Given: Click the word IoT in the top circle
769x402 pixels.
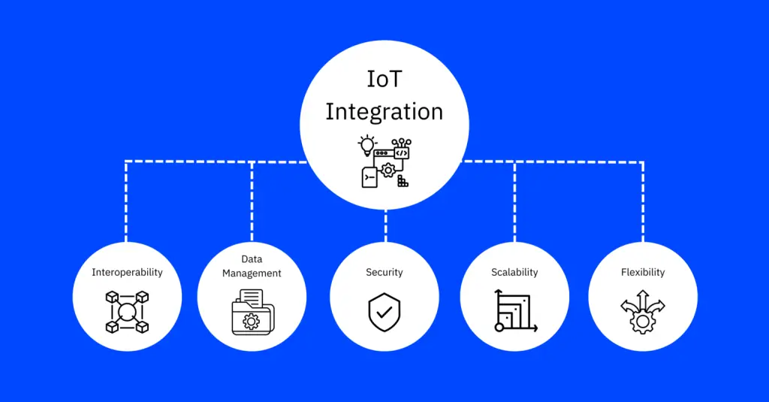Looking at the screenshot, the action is [x=384, y=80].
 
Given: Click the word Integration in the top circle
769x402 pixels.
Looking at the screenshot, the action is [x=384, y=112].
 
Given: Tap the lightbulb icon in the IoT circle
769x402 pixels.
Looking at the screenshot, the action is [x=366, y=146].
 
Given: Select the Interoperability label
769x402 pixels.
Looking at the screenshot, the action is [x=127, y=273].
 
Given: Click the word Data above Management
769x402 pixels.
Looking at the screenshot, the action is [x=252, y=259].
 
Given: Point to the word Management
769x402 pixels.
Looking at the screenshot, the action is [x=252, y=274].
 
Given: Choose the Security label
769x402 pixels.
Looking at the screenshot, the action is [x=384, y=273].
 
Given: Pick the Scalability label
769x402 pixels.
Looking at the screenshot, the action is [x=514, y=273].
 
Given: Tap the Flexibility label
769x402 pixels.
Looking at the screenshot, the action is [x=643, y=273].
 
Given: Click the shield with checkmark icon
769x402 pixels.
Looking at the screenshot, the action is [x=384, y=312].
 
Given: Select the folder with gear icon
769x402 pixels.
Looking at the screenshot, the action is [x=252, y=312].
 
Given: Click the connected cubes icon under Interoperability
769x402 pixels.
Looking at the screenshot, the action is [x=127, y=312].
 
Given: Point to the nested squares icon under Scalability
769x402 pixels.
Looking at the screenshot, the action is [x=515, y=311].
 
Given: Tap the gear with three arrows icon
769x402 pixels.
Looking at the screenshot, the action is [x=643, y=313].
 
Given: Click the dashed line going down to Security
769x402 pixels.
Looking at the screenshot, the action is [x=385, y=225].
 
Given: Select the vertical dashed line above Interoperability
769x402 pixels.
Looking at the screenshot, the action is [x=126, y=201].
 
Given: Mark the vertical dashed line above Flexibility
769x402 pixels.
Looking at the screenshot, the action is [x=643, y=201].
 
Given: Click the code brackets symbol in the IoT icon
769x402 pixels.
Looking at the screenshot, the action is [x=401, y=153].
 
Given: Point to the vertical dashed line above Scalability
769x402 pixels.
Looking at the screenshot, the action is [x=514, y=201].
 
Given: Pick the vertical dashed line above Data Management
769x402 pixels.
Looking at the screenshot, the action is [x=252, y=201].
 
